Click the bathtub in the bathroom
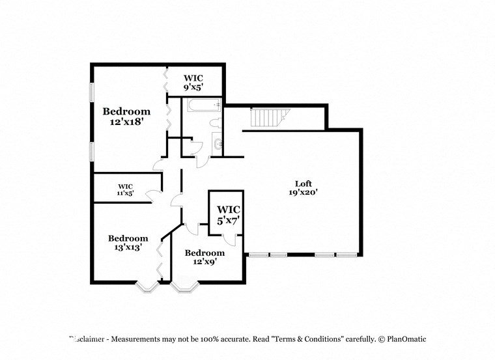tap(202, 105)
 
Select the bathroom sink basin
tap(218, 145)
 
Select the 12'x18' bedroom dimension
tap(126, 122)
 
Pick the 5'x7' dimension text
tap(229, 220)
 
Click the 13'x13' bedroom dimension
tap(128, 247)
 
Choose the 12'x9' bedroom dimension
tap(204, 262)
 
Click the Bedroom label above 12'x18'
tap(126, 111)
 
